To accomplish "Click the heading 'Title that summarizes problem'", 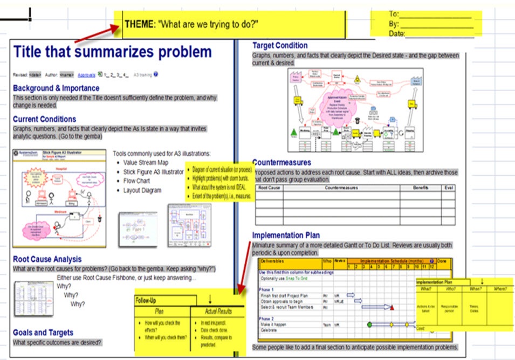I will coord(112,52).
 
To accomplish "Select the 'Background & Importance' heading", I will coord(56,88).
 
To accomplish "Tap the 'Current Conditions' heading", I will coord(45,119).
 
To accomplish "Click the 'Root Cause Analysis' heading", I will coord(47,259).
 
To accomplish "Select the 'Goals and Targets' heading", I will coord(43,333).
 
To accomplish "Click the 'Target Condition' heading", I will coord(280,46).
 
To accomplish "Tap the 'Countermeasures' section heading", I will coord(281,162).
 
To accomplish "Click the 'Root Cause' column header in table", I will coord(269,188).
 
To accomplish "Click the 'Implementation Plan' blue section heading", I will coord(286,235).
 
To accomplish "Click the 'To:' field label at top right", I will coord(394,14).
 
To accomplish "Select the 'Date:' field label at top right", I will coord(396,33).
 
